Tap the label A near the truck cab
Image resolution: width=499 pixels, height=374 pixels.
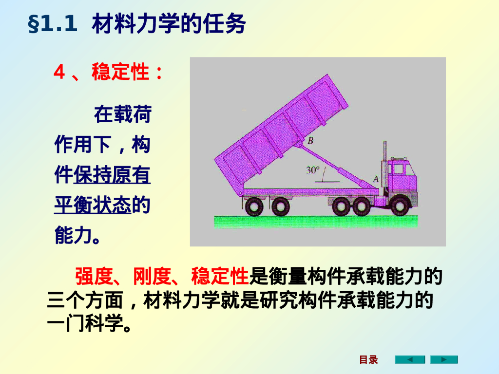(375, 179)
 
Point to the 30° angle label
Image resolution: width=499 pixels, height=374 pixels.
(312, 170)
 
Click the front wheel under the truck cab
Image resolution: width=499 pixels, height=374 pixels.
(399, 206)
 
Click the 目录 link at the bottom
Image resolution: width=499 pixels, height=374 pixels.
(368, 360)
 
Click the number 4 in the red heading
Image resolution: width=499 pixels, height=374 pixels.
(59, 73)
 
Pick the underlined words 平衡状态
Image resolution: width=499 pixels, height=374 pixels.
(93, 206)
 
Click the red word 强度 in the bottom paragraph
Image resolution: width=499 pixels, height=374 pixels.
(94, 277)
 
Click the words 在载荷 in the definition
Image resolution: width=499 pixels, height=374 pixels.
(122, 115)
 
